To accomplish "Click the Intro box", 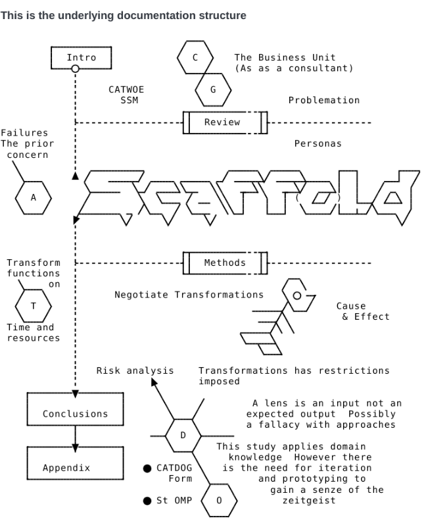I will point(82,57).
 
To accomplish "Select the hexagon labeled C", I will point(195,57).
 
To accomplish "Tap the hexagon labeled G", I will point(212,89).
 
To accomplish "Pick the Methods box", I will point(225,263).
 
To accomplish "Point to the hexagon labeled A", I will point(33,197).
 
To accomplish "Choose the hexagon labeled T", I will point(33,306).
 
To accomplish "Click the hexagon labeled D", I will point(183,435).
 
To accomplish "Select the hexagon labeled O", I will point(218,501).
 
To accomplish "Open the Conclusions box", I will point(75,414).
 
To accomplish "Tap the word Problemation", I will point(324,100).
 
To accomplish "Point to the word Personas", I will point(318,143).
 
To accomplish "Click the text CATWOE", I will point(126,90).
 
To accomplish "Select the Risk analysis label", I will point(135,370).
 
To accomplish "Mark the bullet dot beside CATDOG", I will point(148,468).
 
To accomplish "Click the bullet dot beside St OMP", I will point(148,501).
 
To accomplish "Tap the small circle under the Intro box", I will point(75,68).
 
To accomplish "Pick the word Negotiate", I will point(141,295).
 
